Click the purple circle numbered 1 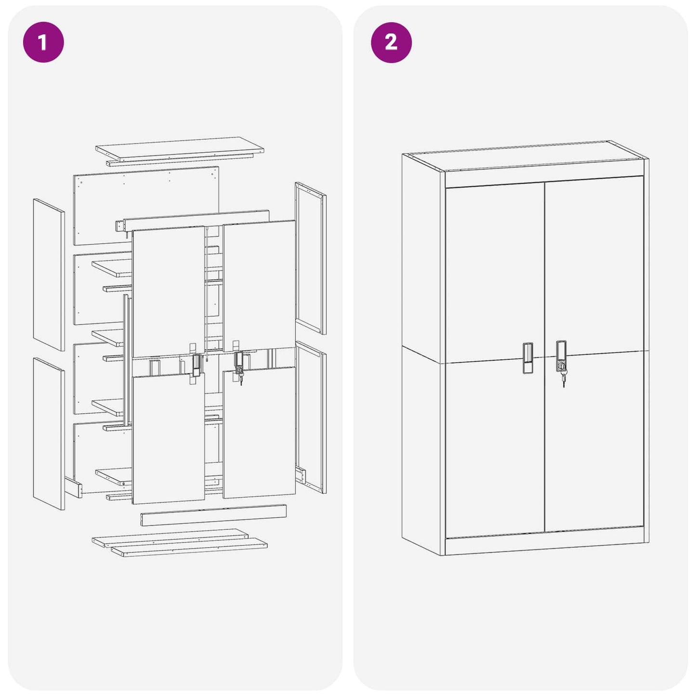click(x=43, y=42)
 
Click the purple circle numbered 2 click(x=391, y=42)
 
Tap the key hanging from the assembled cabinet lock click(x=563, y=381)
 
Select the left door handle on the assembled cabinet click(x=528, y=358)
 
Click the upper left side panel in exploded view click(x=49, y=275)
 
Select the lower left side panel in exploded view click(x=49, y=433)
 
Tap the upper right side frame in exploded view click(x=311, y=258)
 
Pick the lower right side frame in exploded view click(x=311, y=417)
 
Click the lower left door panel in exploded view click(x=168, y=438)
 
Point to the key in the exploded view click(x=241, y=380)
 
